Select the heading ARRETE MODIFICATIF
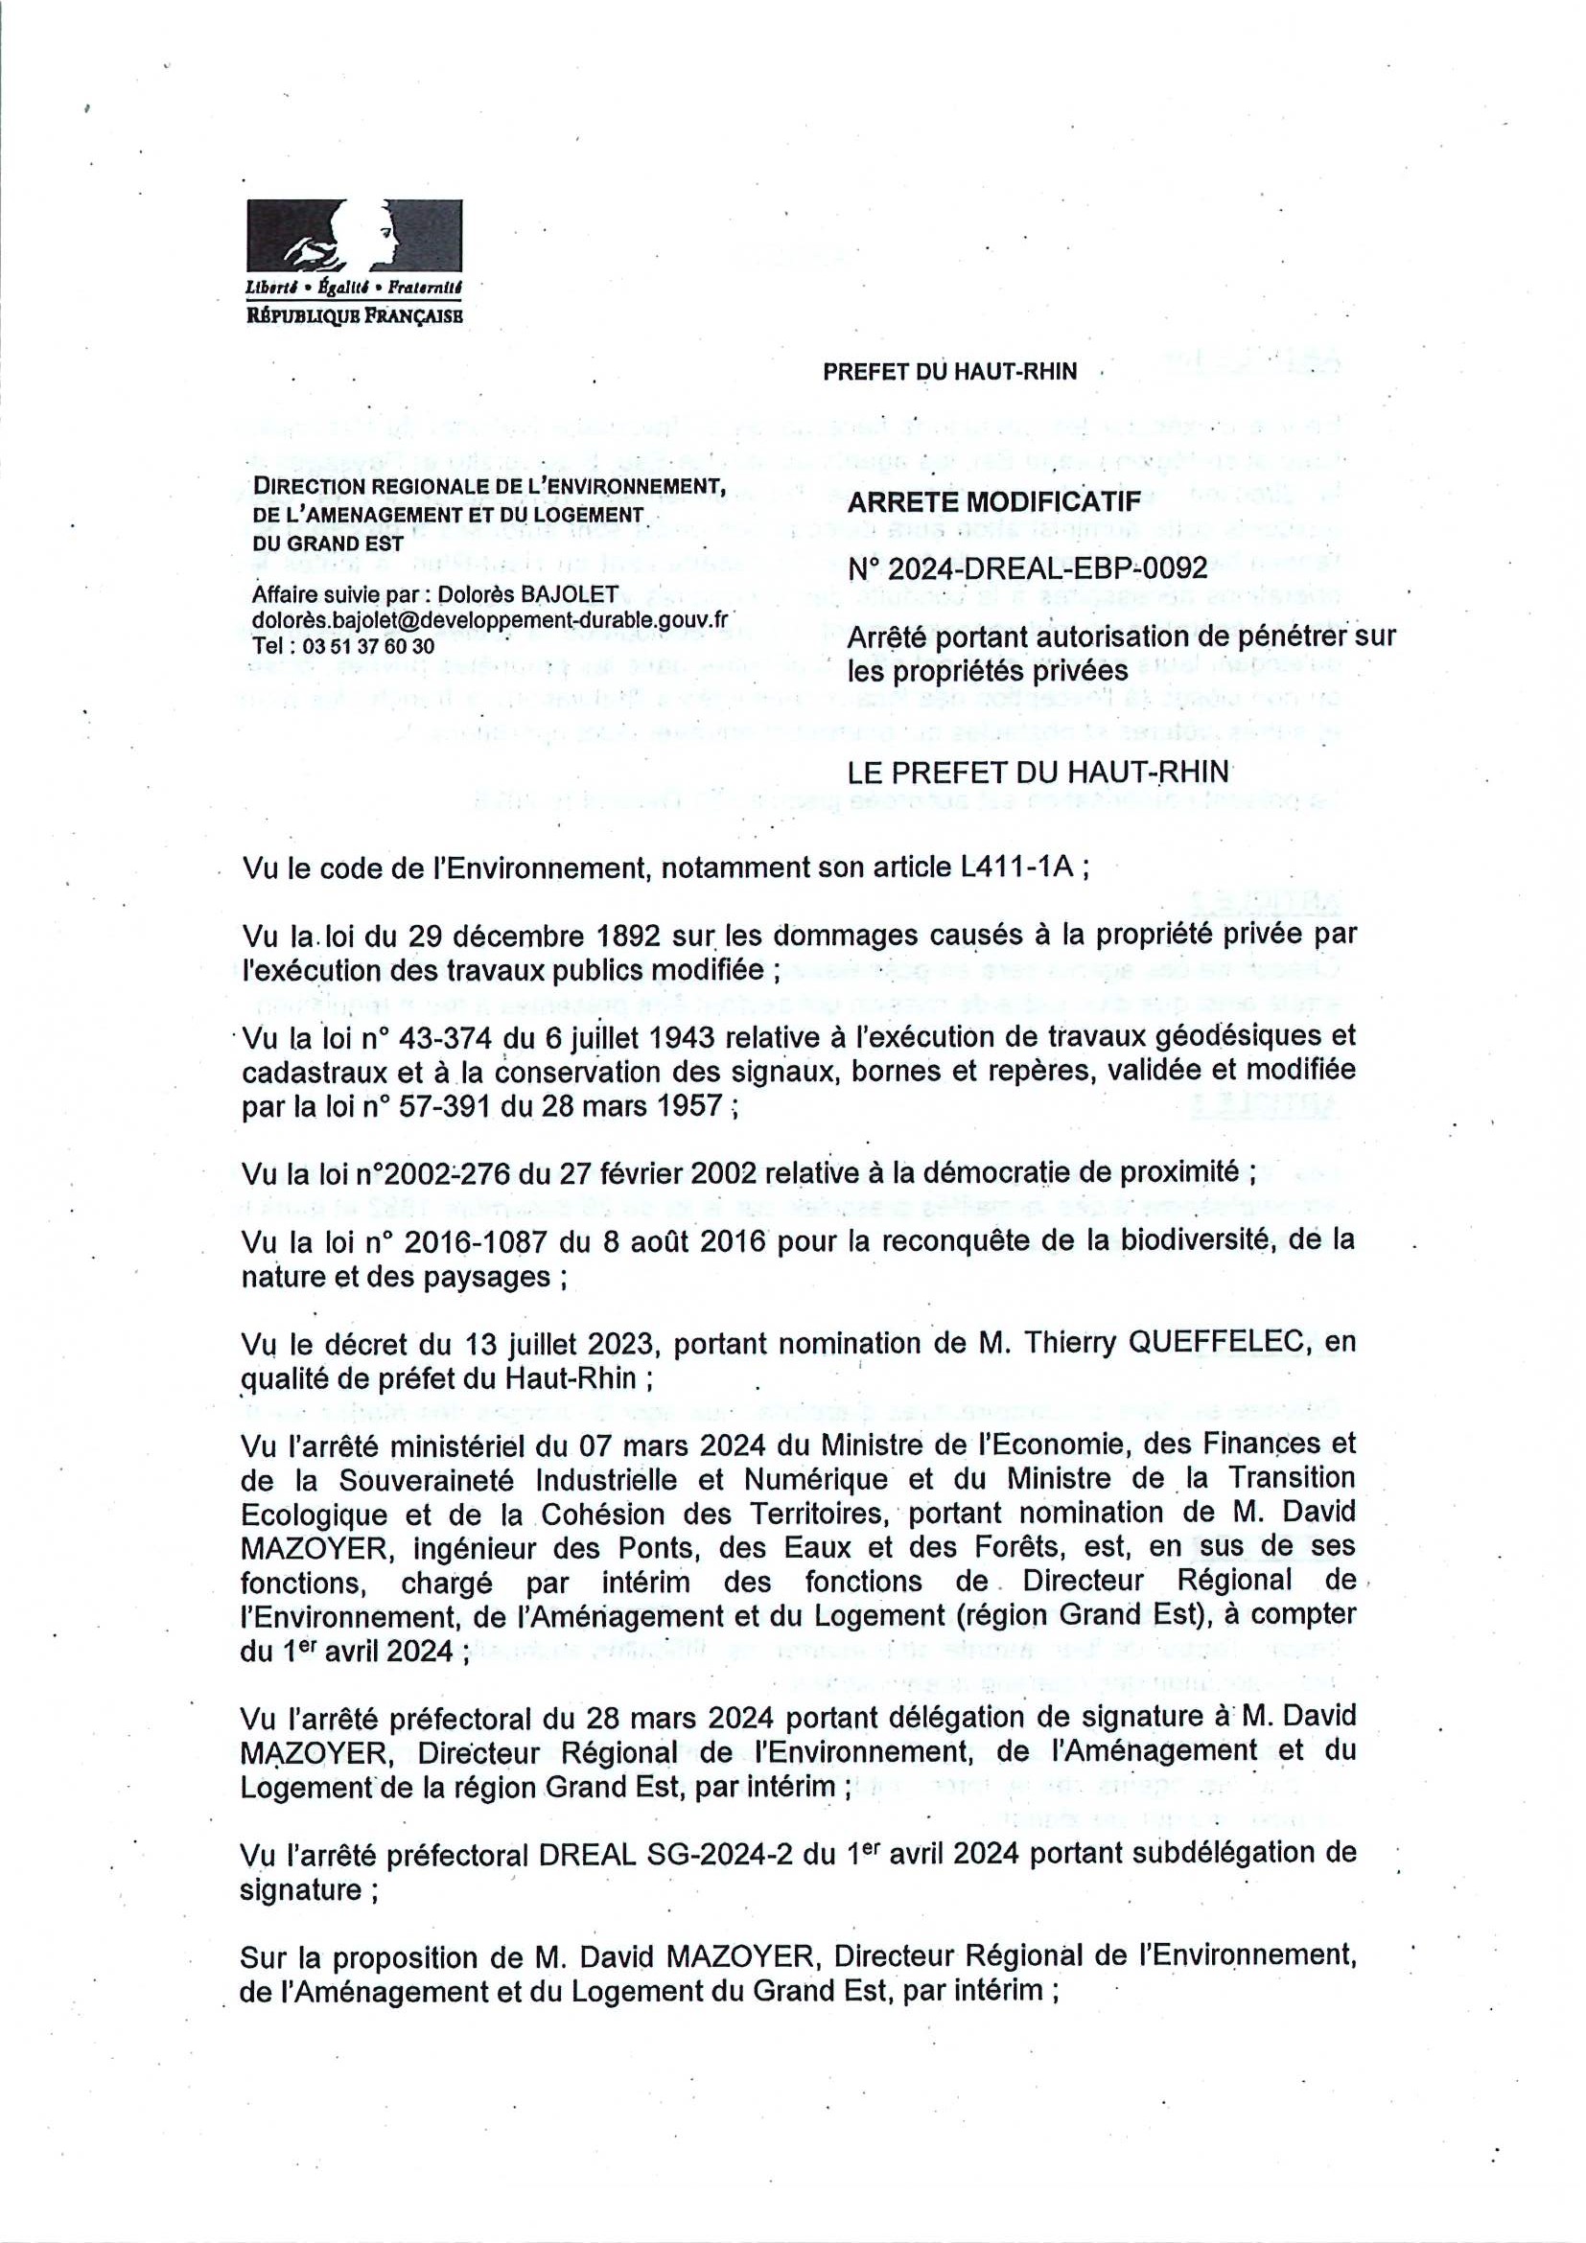pyautogui.click(x=993, y=502)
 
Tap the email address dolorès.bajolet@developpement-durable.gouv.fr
pyautogui.click(x=490, y=620)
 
